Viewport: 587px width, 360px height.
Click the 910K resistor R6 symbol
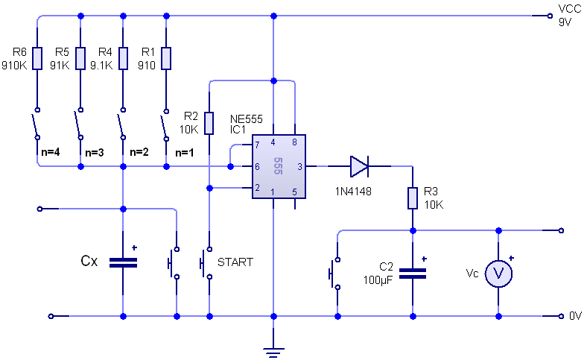point(37,58)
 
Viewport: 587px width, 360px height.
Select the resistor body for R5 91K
point(80,58)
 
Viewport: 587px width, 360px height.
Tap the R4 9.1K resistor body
point(123,58)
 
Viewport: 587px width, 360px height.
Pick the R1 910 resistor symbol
point(166,58)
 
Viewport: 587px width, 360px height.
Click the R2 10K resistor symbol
point(209,123)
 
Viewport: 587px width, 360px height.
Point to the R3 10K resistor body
point(413,198)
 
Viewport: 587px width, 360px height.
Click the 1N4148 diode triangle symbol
point(359,166)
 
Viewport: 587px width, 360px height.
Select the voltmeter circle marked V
point(498,274)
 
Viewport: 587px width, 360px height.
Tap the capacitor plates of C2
point(413,274)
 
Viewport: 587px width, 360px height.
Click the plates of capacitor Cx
point(123,262)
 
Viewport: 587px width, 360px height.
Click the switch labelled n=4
point(37,124)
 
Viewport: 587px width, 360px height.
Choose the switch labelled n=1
point(165,124)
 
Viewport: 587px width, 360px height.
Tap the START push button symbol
point(206,263)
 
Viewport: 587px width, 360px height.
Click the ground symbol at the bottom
point(273,353)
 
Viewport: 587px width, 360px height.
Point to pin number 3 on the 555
point(299,167)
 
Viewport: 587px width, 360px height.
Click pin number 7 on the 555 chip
point(257,145)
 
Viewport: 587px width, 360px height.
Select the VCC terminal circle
point(550,16)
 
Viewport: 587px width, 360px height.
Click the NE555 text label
point(247,119)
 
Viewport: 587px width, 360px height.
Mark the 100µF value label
point(378,280)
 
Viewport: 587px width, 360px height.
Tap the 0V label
point(575,316)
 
